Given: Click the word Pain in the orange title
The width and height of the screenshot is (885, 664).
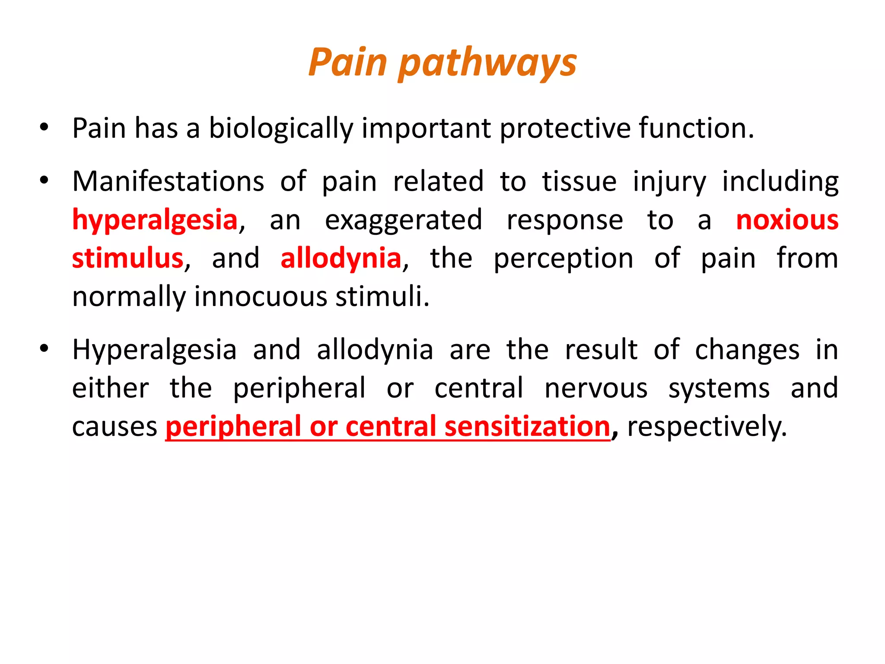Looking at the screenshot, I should point(347,63).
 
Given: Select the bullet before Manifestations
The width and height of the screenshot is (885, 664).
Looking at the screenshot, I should point(44,181).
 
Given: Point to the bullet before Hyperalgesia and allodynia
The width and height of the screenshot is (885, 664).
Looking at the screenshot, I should point(44,349).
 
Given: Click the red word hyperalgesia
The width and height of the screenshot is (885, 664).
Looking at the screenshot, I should point(155,220).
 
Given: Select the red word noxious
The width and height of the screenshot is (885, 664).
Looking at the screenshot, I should point(787,220).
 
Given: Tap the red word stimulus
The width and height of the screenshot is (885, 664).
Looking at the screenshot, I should point(128,259).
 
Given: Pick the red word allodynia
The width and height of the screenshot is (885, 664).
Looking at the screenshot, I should point(341,259).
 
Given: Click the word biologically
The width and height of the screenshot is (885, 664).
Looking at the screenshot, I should point(281,128).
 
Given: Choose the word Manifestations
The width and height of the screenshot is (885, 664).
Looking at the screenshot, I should point(168,181).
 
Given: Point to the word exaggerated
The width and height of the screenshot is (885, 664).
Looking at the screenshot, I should point(403,220).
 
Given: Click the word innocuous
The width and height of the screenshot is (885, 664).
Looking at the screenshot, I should point(261,297).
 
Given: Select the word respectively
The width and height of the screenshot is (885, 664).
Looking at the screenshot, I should point(707,427).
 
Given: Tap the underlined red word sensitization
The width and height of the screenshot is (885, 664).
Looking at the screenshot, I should point(527,427).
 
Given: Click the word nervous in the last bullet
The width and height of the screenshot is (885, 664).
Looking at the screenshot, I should point(596,388).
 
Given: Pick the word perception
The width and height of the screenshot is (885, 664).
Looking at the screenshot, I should point(563,259).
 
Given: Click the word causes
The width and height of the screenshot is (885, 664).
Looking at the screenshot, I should point(115,427).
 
